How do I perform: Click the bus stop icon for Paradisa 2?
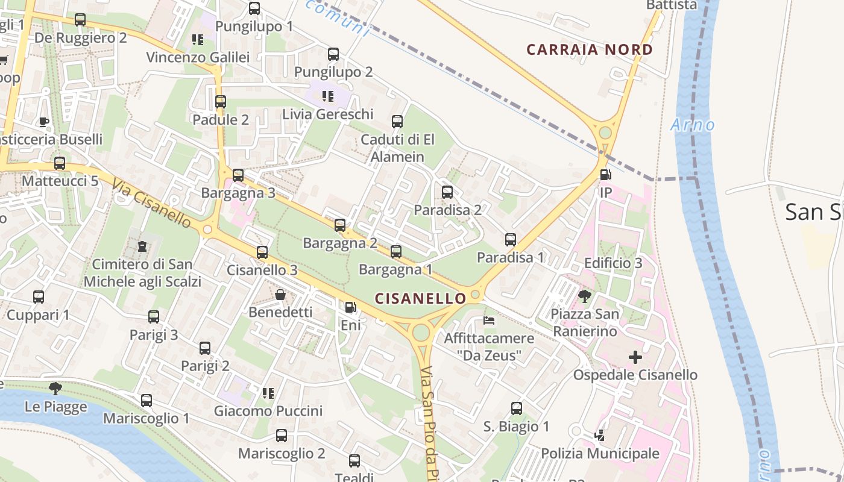[447, 192]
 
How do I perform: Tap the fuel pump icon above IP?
[605, 175]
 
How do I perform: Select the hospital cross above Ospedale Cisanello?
[635, 357]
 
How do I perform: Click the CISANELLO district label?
[421, 298]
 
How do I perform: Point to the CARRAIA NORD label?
[590, 49]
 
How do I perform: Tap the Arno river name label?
[693, 125]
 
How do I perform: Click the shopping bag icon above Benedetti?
[280, 295]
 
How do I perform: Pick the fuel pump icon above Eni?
[350, 307]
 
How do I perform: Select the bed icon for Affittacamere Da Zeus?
[490, 320]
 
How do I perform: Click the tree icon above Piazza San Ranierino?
[584, 296]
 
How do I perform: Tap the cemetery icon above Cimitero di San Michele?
[142, 246]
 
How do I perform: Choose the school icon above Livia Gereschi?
[328, 96]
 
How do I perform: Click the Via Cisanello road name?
[151, 202]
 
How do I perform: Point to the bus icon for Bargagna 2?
[340, 225]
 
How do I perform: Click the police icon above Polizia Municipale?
[599, 435]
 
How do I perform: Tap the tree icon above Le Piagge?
[55, 389]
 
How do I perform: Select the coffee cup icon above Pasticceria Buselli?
[44, 122]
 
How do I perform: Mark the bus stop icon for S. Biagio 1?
[517, 408]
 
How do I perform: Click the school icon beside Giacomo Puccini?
[268, 393]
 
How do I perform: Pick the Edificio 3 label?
[613, 263]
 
